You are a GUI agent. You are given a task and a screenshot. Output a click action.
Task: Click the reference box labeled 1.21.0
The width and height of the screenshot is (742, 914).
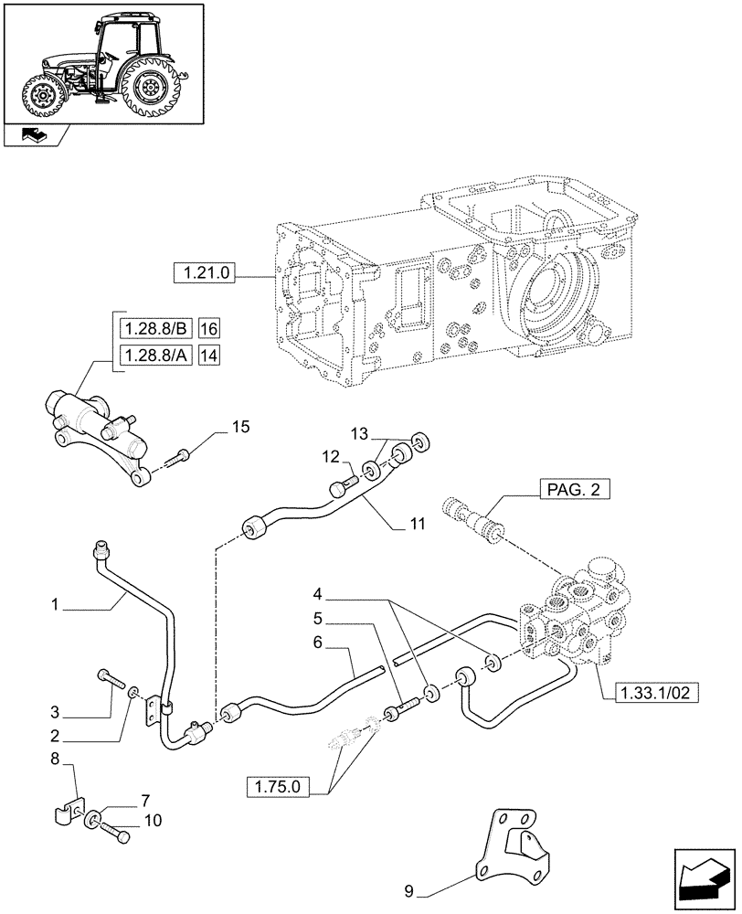click(203, 272)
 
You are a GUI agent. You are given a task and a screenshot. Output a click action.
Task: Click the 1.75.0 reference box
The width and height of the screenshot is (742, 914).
click(282, 785)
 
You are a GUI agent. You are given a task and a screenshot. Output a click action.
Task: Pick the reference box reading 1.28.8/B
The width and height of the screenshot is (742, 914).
click(151, 328)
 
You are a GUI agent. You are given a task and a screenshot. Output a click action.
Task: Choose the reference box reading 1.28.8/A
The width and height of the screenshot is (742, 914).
click(151, 355)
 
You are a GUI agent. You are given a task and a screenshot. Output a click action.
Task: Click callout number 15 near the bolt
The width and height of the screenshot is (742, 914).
click(239, 427)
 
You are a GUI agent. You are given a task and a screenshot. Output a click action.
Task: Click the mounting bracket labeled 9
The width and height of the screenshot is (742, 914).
click(517, 841)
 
